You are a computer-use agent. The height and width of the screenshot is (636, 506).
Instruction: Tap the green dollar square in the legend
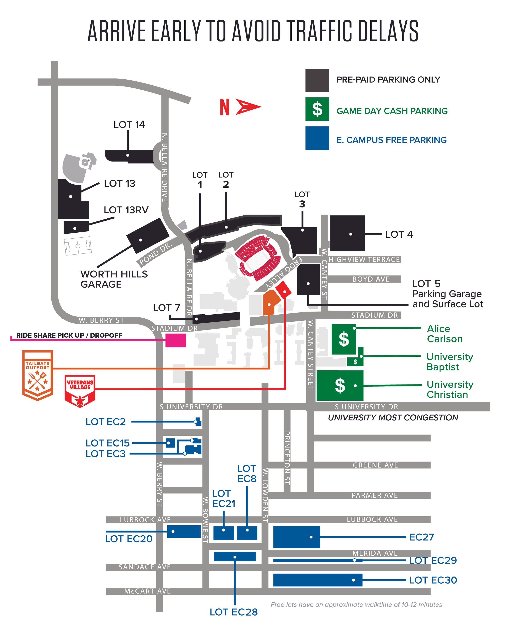click(x=317, y=109)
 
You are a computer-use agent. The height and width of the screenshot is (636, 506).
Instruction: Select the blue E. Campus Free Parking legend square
click(x=317, y=138)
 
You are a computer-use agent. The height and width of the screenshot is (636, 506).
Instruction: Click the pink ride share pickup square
click(x=175, y=340)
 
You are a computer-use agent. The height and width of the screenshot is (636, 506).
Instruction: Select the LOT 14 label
click(x=129, y=124)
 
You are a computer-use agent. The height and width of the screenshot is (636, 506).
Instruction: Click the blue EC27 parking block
click(x=296, y=537)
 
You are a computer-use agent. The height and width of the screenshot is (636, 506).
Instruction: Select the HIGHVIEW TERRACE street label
click(x=364, y=260)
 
